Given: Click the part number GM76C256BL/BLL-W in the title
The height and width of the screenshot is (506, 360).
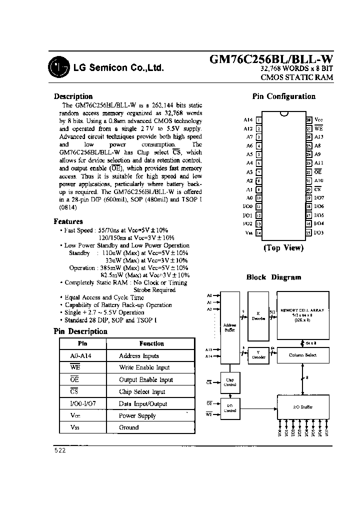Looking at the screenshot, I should [x=270, y=59].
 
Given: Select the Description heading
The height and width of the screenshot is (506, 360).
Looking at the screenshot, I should [x=73, y=96].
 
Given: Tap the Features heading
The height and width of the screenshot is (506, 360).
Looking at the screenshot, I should [x=68, y=221].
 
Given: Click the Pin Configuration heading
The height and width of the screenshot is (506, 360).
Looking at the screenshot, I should [x=283, y=96].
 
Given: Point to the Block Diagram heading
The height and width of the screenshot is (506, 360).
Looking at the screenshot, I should [x=273, y=277].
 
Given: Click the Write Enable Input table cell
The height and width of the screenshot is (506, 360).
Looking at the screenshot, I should [x=144, y=367].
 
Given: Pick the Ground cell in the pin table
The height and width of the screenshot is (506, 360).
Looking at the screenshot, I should [x=128, y=427].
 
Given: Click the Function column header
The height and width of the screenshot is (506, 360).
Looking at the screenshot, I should [x=151, y=343].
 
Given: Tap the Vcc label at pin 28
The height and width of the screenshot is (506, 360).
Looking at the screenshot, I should [x=318, y=120].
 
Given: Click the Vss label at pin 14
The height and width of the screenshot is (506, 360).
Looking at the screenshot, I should [x=248, y=232].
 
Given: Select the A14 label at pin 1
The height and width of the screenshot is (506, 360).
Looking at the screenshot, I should [x=248, y=120].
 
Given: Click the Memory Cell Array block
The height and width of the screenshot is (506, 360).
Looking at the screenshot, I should [x=302, y=316].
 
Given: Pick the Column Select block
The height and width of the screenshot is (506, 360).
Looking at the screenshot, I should [x=302, y=355].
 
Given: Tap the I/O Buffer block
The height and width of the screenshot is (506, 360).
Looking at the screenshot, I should [x=302, y=407].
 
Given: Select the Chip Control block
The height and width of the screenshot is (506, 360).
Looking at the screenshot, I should [x=230, y=382].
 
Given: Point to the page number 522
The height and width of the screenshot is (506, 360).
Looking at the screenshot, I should [x=59, y=450].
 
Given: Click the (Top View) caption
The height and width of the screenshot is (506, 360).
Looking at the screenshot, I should [x=283, y=248].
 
